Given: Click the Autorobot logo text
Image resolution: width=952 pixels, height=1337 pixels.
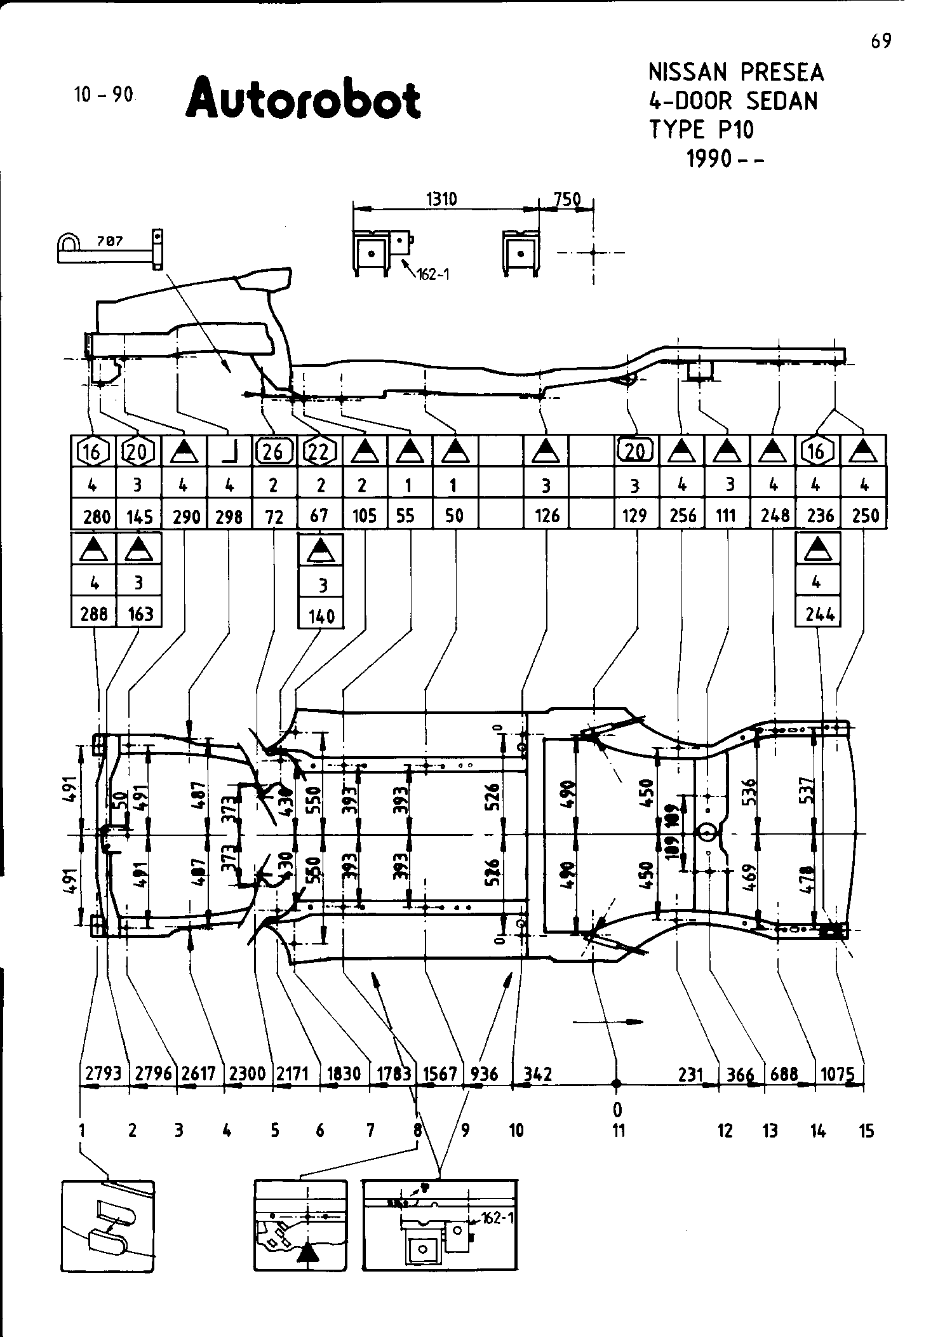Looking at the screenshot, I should (303, 99).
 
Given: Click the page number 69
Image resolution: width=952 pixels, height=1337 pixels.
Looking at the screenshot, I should (881, 41).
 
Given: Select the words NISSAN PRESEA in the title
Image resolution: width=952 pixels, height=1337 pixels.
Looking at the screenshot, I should (735, 73).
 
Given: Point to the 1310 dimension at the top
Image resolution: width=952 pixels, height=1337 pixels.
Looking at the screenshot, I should (441, 199).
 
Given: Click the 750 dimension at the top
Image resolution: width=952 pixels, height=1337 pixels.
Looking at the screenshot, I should (567, 199).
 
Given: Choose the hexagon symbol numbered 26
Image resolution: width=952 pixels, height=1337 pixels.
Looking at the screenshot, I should (274, 452).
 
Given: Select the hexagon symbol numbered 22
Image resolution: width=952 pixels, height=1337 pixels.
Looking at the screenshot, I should (320, 452).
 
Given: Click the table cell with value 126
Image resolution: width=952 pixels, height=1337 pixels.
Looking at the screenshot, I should (547, 515).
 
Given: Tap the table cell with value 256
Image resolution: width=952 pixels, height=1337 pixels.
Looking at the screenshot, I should (682, 515).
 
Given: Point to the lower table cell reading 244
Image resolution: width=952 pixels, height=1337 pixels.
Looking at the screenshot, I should (818, 614).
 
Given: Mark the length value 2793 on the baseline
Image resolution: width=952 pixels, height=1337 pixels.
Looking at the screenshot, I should (103, 1074).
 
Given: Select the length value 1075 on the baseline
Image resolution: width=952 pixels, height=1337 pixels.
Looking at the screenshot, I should (837, 1074).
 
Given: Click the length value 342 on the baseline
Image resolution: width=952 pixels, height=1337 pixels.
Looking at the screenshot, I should (537, 1074).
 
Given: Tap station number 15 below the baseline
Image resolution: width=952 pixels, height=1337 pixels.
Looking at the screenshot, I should (866, 1131).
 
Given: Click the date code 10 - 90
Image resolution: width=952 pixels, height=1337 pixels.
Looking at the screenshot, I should (104, 95).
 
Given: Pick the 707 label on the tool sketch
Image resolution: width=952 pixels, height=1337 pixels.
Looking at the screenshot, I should (111, 242).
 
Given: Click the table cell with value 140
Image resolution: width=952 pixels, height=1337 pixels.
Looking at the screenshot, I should (321, 615).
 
